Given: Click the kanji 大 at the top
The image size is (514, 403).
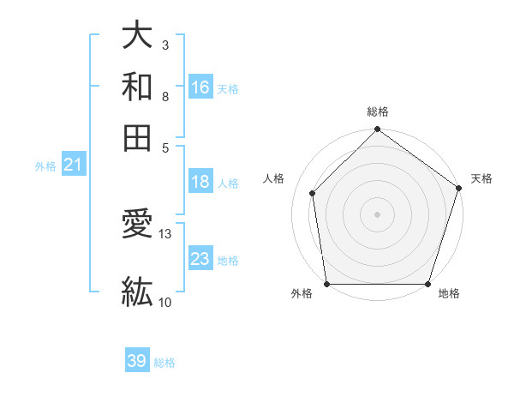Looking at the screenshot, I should pyautogui.click(x=138, y=36).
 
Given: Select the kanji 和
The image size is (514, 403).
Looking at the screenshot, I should pyautogui.click(x=138, y=87).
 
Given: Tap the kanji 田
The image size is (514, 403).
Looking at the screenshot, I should pyautogui.click(x=138, y=137).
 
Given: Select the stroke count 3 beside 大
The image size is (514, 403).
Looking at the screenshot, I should pyautogui.click(x=164, y=43).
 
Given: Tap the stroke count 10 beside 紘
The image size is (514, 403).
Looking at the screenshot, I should pyautogui.click(x=165, y=301).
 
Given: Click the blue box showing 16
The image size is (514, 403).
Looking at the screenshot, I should pyautogui.click(x=200, y=87).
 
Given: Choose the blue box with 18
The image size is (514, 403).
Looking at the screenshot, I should pyautogui.click(x=200, y=182).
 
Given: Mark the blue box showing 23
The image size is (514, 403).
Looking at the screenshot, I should pyautogui.click(x=200, y=259).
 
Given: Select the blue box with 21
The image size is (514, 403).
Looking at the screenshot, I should pyautogui.click(x=72, y=165).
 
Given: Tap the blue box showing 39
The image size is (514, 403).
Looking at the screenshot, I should pyautogui.click(x=137, y=361).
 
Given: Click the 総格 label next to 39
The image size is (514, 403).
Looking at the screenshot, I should pyautogui.click(x=165, y=363).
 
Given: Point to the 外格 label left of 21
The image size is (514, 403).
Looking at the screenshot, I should pyautogui.click(x=45, y=166).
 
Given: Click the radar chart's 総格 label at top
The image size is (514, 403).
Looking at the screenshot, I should pyautogui.click(x=377, y=111).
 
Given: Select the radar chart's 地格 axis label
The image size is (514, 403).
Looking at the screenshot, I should pyautogui.click(x=449, y=293).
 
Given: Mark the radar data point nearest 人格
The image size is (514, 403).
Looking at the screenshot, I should pyautogui.click(x=313, y=193).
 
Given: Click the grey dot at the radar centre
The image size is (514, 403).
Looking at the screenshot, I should pyautogui.click(x=377, y=214).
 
